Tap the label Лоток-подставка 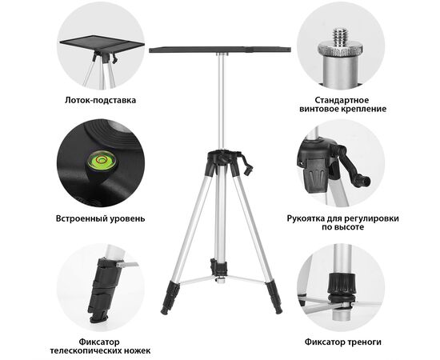(101, 100)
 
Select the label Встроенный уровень (101, 218)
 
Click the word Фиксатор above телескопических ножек (99, 342)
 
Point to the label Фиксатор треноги (343, 342)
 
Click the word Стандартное (342, 100)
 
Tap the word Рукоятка (306, 218)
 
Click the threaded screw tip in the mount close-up (340, 36)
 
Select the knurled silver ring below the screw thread (340, 50)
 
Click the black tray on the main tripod (220, 50)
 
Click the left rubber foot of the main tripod (170, 298)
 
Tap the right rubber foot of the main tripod (274, 298)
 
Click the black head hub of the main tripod (223, 158)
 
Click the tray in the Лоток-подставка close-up (102, 44)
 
